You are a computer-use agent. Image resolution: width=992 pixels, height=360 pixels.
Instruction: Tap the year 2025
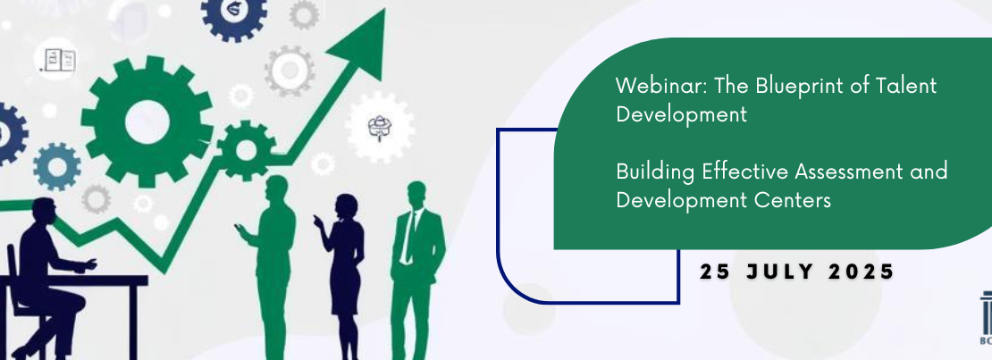click(862, 272)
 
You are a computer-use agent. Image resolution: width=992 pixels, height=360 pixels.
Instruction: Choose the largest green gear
click(147, 121)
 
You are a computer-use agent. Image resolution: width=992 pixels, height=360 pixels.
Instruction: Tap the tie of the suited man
click(410, 238)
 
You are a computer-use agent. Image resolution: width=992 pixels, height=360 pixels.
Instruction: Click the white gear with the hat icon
click(380, 127)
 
